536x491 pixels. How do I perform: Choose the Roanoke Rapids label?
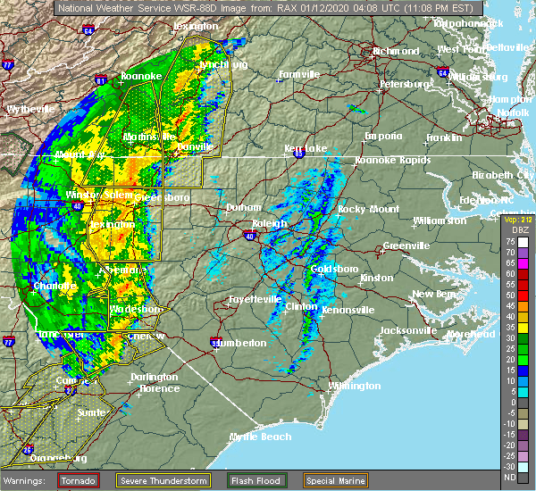(387, 160)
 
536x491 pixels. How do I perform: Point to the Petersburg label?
(406, 84)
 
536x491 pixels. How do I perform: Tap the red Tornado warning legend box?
(79, 479)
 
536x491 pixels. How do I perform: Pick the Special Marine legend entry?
(335, 479)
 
